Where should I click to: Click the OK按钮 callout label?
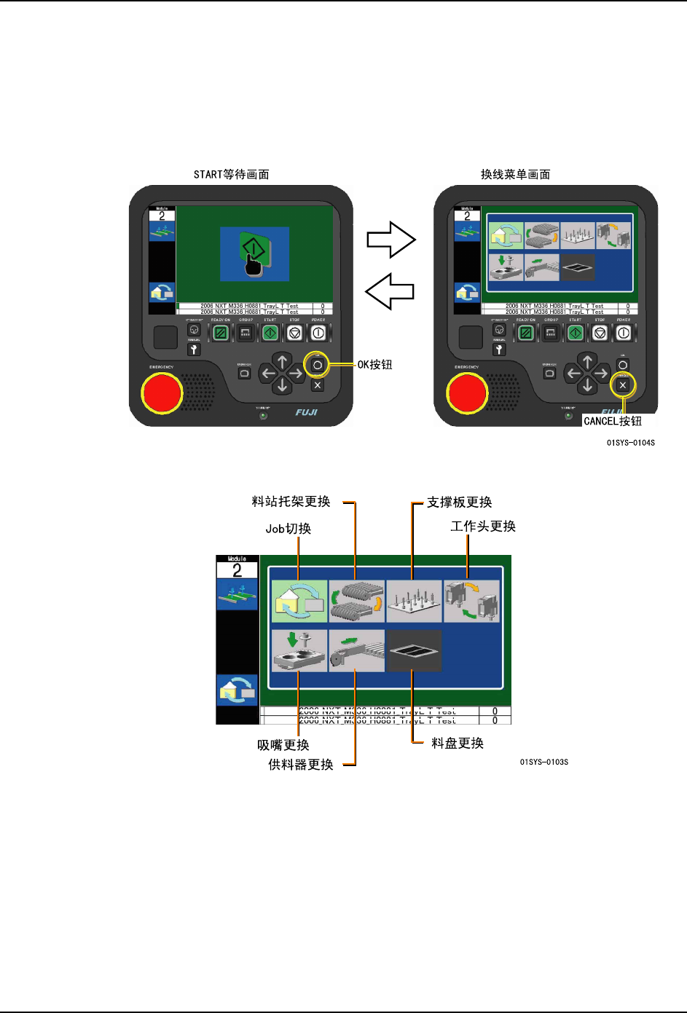pos(374,365)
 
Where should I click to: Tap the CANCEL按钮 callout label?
pos(613,421)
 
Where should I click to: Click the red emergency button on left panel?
pos(161,393)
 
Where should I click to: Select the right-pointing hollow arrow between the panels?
pos(390,240)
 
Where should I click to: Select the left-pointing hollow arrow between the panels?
pos(390,291)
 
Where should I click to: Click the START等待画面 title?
pos(232,175)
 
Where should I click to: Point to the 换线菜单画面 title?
pos(515,175)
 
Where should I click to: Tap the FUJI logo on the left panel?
pos(306,412)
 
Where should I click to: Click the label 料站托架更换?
pos(291,502)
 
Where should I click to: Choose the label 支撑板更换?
pos(459,502)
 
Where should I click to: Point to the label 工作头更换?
pos(483,527)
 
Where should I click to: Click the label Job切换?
pos(288,529)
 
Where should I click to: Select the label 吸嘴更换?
pos(283,745)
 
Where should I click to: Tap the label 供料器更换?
pos(301,765)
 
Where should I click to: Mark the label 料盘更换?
pos(458,744)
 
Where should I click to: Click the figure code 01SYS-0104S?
pos(630,443)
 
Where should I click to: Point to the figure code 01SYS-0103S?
pos(544,762)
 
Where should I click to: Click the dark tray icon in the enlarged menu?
pos(414,650)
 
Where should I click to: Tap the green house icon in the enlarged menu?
pos(299,601)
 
